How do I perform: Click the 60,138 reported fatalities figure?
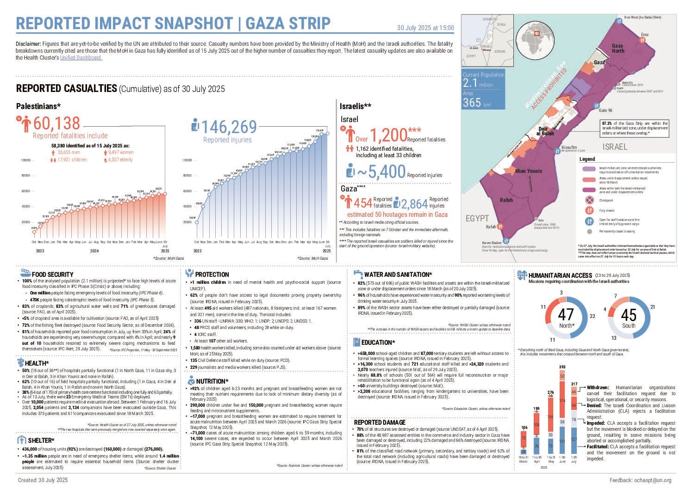pyautogui.click(x=56, y=123)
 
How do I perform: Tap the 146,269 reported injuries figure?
pyautogui.click(x=230, y=127)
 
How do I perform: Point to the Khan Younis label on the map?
pyautogui.click(x=529, y=171)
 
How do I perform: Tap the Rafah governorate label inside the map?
pyautogui.click(x=506, y=200)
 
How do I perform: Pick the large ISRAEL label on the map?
pyautogui.click(x=615, y=147)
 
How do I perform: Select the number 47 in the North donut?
pyautogui.click(x=566, y=315)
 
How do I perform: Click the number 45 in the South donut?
pyautogui.click(x=629, y=315)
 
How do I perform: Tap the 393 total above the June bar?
pyautogui.click(x=562, y=367)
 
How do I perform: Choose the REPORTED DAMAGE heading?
pyautogui.click(x=380, y=422)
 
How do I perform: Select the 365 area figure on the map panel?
pyautogui.click(x=472, y=103)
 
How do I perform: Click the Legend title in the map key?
pyautogui.click(x=587, y=159)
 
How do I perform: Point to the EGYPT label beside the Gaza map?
pyautogui.click(x=477, y=218)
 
